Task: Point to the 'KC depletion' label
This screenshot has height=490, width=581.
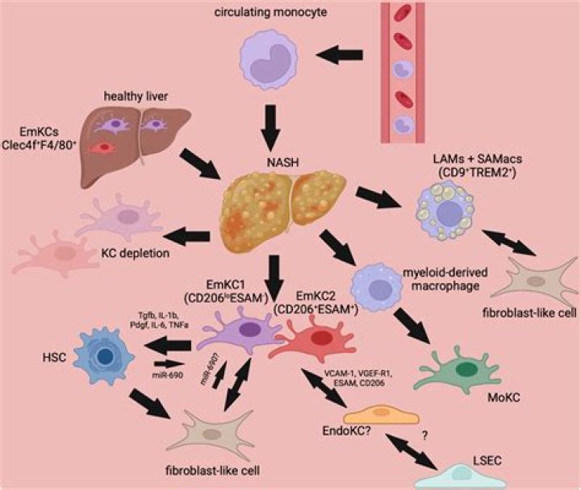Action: [140, 252]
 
